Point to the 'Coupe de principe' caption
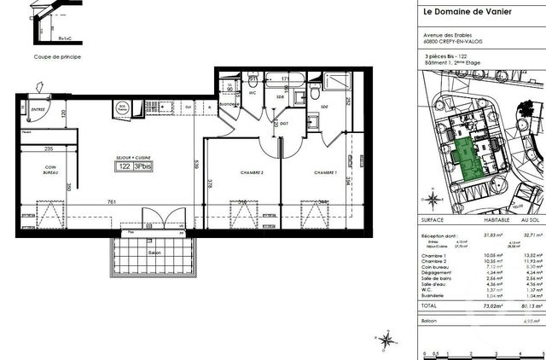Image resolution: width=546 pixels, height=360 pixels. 57,58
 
